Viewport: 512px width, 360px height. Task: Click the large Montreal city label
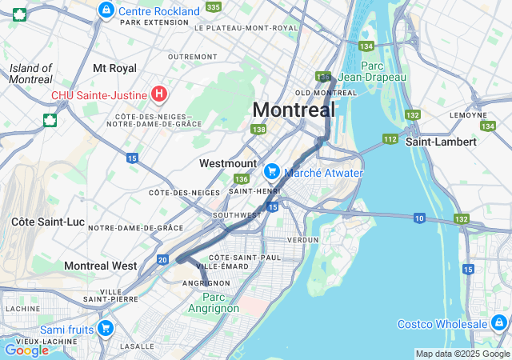coord(294,110)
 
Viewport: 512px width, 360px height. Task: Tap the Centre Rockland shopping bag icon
coord(106,10)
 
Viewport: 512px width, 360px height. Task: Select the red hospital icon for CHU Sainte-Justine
coord(159,95)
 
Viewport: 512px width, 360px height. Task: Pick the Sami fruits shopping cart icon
coord(106,328)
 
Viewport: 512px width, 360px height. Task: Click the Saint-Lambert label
coord(441,142)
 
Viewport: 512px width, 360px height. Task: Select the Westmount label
coord(227,163)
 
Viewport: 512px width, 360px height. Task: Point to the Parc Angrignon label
coord(214,302)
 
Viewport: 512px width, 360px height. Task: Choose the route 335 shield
coord(213,6)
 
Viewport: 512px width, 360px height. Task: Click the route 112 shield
coord(390,139)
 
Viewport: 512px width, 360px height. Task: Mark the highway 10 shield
coord(419,218)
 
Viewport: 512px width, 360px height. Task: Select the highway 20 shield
coord(162,259)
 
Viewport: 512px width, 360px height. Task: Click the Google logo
coord(26,350)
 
